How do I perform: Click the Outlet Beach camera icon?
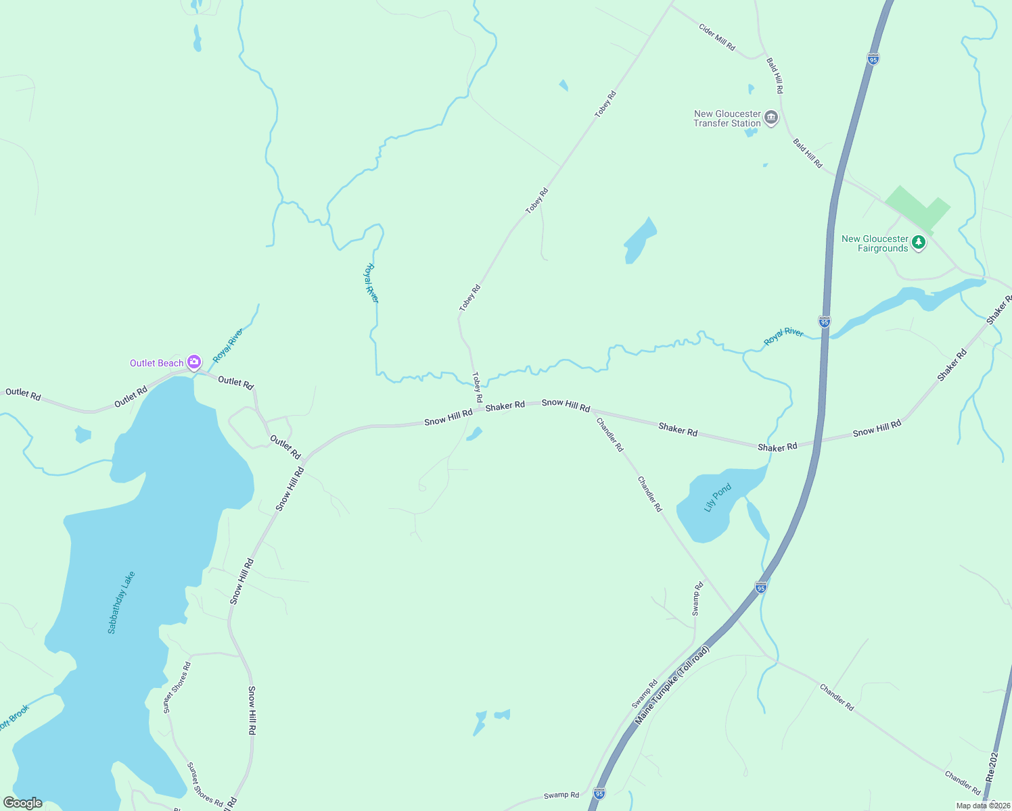pos(194,363)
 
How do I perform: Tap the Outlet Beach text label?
pos(157,364)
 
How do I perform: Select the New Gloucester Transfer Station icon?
pos(771,118)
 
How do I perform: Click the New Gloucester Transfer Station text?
pos(727,119)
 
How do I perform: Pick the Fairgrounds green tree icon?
pos(918,243)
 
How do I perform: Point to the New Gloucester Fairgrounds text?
pos(875,243)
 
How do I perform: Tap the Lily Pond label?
pos(718,497)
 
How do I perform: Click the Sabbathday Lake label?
pos(122,602)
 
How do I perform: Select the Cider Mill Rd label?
pos(717,38)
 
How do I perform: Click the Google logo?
pos(23,803)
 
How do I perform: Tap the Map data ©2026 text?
pos(983,806)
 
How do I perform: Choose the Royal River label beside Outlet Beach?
pos(228,345)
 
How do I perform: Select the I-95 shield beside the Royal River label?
pos(824,322)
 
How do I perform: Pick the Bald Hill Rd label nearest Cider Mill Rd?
pos(775,76)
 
